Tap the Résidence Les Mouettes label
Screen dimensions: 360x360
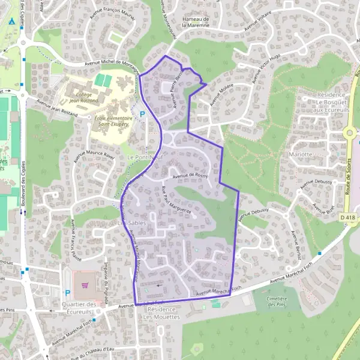pos(161,313)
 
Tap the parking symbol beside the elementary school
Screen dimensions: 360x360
pos(142,114)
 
